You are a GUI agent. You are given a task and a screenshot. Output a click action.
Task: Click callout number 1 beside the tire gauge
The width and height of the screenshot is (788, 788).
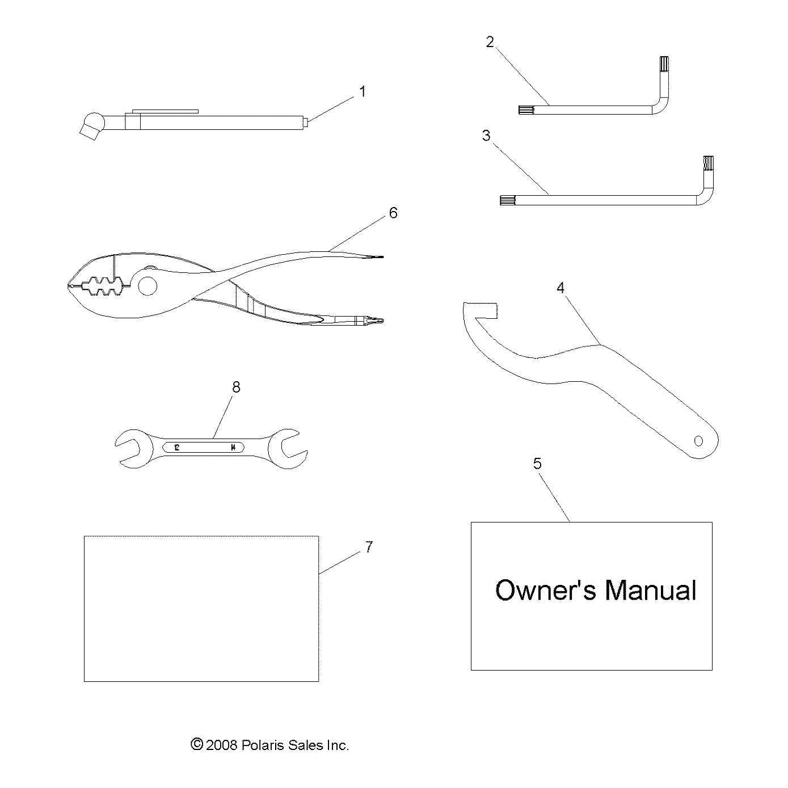pyautogui.click(x=362, y=91)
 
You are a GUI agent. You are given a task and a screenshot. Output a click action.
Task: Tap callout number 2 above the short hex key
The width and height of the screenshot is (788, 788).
pyautogui.click(x=490, y=42)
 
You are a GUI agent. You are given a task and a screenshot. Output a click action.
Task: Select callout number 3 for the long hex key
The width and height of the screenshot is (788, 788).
pyautogui.click(x=486, y=136)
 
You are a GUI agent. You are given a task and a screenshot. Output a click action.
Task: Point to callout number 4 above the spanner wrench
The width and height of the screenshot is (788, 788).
pyautogui.click(x=561, y=288)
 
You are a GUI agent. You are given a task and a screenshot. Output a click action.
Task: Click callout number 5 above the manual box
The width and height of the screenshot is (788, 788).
pyautogui.click(x=537, y=463)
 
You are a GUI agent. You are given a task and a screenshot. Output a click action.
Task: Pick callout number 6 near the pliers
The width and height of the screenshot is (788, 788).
pyautogui.click(x=393, y=213)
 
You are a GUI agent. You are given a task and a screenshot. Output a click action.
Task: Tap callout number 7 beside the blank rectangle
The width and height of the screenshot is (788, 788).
pyautogui.click(x=369, y=547)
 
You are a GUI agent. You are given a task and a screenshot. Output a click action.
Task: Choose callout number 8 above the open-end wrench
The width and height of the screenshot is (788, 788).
pyautogui.click(x=236, y=387)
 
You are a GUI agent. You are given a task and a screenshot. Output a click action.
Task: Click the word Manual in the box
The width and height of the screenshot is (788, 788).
pyautogui.click(x=650, y=591)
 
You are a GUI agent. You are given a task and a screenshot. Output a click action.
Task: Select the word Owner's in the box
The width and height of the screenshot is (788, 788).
pyautogui.click(x=546, y=591)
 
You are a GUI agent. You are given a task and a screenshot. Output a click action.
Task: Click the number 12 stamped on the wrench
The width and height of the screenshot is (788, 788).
pyautogui.click(x=176, y=448)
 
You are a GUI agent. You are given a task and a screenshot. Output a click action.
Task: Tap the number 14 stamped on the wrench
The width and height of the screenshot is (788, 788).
pyautogui.click(x=233, y=448)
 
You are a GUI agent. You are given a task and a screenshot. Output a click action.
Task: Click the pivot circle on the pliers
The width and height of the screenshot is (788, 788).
pyautogui.click(x=148, y=286)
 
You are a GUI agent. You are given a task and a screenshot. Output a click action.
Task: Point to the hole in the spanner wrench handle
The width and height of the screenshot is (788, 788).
pyautogui.click(x=698, y=441)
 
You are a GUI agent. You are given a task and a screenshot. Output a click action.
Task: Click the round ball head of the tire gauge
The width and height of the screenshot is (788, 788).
pyautogui.click(x=94, y=121)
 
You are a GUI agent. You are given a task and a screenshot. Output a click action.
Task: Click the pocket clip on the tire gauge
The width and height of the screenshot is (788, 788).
pyautogui.click(x=165, y=111)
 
